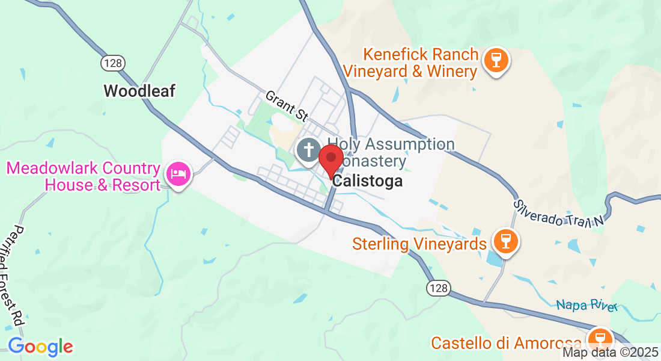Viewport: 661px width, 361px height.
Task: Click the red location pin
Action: [330, 158]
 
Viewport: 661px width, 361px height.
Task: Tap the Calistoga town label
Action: [367, 180]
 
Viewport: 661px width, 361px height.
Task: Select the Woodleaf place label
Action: [139, 91]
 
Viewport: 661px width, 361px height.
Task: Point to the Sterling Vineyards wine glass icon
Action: [505, 242]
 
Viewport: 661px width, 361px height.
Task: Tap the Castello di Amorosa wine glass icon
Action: [600, 339]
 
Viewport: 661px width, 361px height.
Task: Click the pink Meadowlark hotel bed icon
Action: [178, 174]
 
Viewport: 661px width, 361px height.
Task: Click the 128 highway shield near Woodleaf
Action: [113, 63]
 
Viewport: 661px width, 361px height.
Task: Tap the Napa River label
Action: [586, 305]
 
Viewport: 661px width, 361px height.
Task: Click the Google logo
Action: [40, 347]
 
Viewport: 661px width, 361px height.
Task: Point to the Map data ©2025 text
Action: [609, 353]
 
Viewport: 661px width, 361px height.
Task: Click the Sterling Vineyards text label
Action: [419, 244]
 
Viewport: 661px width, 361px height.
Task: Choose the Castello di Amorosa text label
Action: [506, 343]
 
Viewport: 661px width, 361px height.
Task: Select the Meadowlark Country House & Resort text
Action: [84, 176]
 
